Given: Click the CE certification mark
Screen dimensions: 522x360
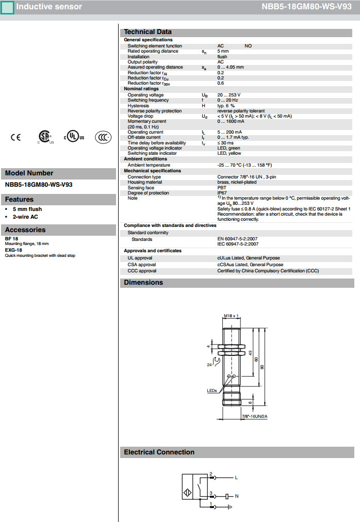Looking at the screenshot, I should [16, 138].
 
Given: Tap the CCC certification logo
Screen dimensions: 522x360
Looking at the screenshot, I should [103, 138].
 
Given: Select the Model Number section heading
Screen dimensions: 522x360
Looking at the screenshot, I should [29, 173].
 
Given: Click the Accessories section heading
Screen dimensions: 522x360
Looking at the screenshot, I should [25, 230].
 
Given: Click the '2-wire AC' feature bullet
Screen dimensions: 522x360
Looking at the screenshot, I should [25, 217].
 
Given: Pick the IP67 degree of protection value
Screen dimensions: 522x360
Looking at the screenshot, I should [222, 193].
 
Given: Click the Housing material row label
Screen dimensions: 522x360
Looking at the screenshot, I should [144, 182].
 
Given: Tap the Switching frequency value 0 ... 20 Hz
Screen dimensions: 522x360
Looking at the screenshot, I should [227, 100].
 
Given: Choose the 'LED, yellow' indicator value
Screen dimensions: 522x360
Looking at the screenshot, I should [229, 153].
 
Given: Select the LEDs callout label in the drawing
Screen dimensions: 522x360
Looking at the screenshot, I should [212, 391].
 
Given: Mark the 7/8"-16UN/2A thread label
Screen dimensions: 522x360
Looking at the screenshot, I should [254, 415].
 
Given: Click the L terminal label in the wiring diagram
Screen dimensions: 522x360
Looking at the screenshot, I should [236, 478].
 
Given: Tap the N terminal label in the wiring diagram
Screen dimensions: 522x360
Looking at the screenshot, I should [236, 497].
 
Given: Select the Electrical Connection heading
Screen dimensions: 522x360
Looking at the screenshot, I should [159, 452].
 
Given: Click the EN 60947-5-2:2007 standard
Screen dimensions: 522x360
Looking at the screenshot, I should [238, 239].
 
